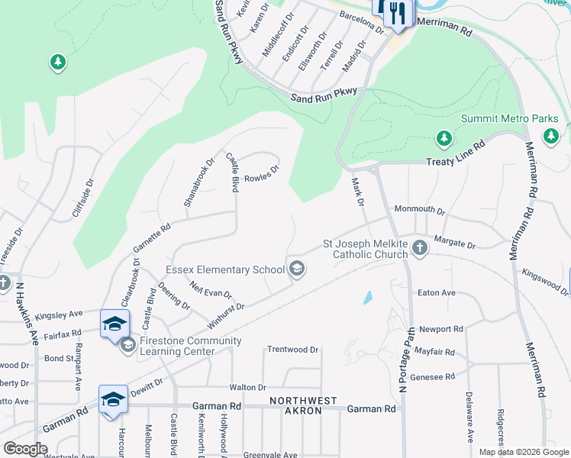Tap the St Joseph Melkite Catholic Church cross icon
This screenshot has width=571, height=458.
(419, 247)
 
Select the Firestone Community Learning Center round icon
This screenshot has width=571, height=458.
(127, 346)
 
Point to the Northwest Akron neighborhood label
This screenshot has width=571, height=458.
(304, 401)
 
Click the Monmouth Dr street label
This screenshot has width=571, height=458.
(419, 209)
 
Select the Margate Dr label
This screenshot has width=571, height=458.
(454, 244)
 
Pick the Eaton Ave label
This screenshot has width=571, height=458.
(437, 292)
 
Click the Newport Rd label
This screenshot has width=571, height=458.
(441, 330)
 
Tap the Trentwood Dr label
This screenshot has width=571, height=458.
(292, 350)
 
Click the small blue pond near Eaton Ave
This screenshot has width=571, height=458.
(368, 297)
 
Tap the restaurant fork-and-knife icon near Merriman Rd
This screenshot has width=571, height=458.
(398, 13)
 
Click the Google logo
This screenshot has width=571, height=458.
(25, 449)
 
